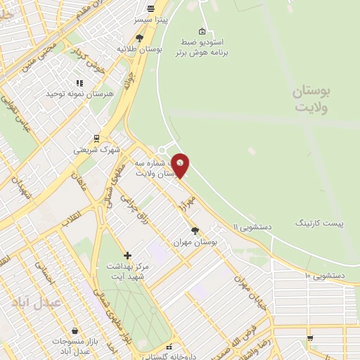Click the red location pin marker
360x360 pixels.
click(181, 165)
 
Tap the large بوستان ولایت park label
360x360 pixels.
click(313, 99)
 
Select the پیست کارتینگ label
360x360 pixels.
click(321, 223)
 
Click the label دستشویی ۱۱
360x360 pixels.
click(252, 226)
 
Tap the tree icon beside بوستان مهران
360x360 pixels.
click(195, 231)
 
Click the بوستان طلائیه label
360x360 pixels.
click(139, 49)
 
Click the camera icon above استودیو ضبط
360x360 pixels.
click(202, 31)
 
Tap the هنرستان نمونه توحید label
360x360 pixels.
click(78, 94)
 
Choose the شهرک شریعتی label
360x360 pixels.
click(97, 150)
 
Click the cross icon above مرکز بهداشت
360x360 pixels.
click(127, 255)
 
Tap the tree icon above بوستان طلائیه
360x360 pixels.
click(139, 38)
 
